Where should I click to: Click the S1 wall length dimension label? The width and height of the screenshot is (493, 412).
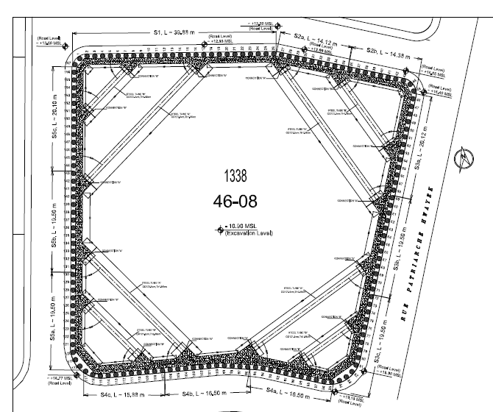pyautogui.click(x=174, y=32)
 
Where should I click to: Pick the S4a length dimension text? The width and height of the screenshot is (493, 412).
pyautogui.click(x=289, y=398)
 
